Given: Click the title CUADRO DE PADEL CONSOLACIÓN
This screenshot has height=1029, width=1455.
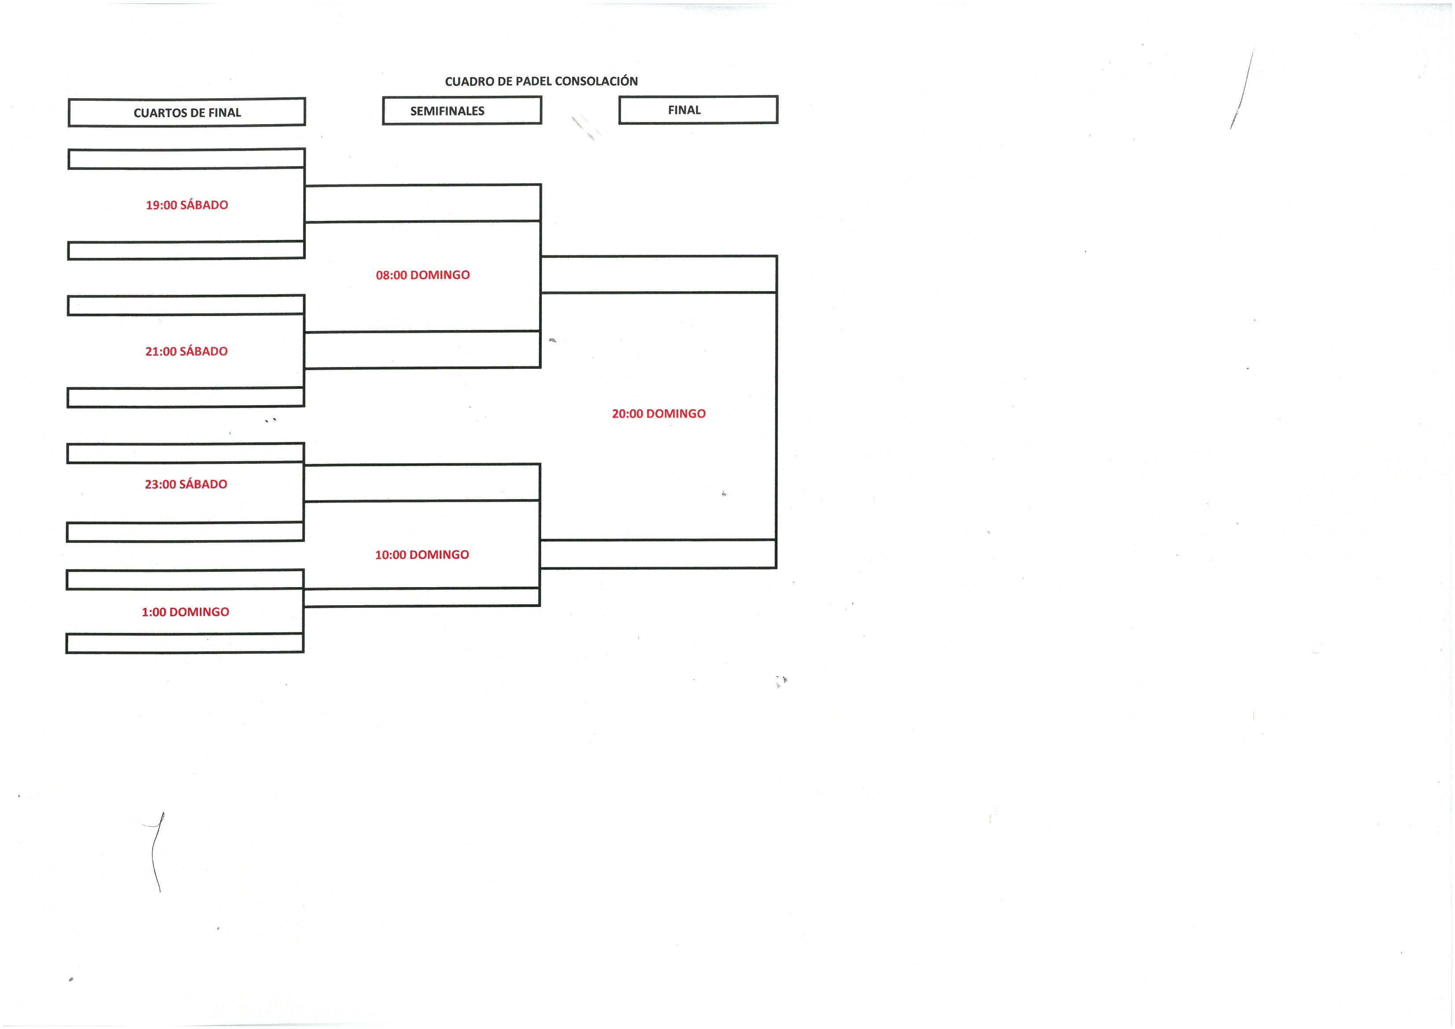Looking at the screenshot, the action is [x=541, y=81].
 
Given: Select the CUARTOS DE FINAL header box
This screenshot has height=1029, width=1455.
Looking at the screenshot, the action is [x=187, y=112].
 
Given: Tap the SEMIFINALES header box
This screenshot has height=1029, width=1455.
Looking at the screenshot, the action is [x=462, y=110].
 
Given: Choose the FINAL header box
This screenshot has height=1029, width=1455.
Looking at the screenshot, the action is [x=698, y=110].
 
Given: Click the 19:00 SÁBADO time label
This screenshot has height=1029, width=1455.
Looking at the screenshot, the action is [x=187, y=205].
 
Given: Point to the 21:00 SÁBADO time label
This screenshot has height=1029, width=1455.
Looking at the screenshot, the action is [x=186, y=351].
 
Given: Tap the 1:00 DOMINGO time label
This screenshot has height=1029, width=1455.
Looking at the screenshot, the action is [x=185, y=612].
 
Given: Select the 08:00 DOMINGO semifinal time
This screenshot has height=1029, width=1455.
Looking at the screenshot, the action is [x=423, y=275].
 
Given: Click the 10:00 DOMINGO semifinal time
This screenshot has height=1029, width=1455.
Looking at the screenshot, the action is [x=422, y=555].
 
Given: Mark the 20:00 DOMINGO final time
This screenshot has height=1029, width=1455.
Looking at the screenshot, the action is [x=659, y=413].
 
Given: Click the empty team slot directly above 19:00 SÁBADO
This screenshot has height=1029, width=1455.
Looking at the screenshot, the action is [x=186, y=158].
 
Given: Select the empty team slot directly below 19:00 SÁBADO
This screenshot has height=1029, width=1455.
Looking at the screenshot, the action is [x=186, y=250].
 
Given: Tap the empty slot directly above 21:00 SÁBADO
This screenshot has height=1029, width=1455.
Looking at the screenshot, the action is [x=186, y=305].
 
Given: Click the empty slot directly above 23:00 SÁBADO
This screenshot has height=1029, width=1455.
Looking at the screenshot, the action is [x=185, y=453].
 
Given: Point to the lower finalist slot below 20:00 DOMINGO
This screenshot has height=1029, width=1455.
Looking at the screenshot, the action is [x=659, y=554].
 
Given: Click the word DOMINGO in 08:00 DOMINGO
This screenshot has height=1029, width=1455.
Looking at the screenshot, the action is [x=440, y=275].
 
